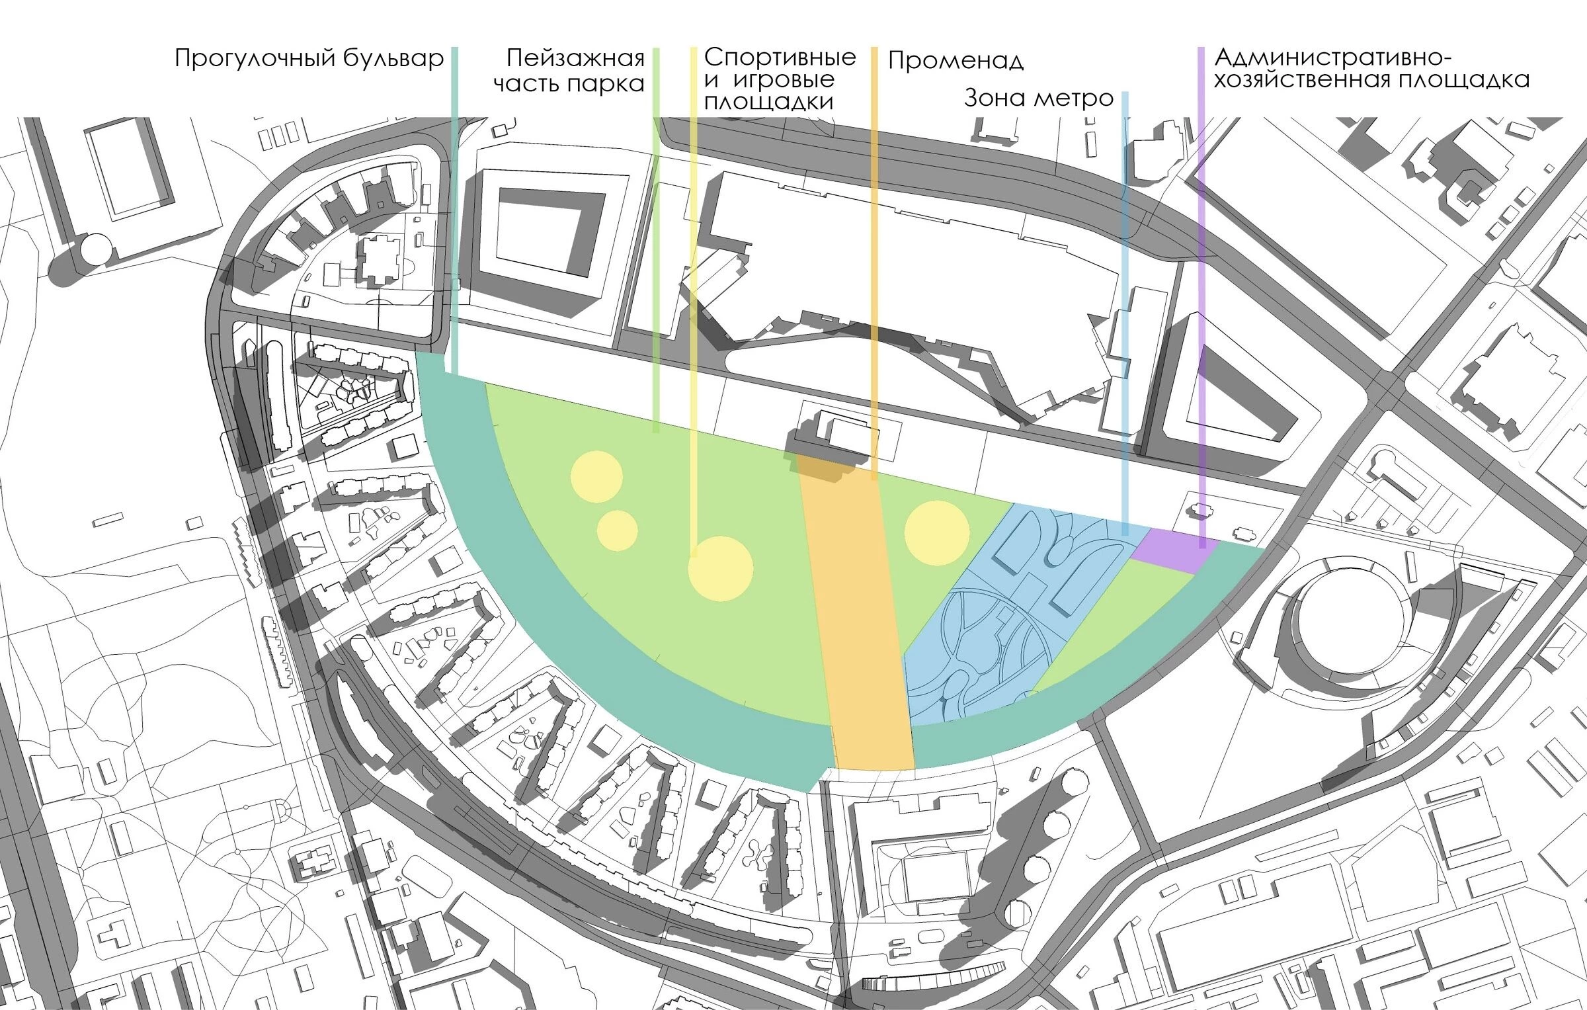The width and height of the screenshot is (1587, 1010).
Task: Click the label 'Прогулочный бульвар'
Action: (x=309, y=60)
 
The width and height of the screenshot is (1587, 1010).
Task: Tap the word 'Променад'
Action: (x=956, y=61)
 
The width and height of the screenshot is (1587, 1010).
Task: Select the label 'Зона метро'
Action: (x=1038, y=99)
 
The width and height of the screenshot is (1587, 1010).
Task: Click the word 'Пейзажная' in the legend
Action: (x=575, y=59)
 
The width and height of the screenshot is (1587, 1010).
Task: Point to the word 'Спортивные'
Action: (x=780, y=57)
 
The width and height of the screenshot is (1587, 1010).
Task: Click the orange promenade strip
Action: (x=860, y=628)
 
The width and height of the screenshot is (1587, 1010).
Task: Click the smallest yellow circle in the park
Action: (x=617, y=530)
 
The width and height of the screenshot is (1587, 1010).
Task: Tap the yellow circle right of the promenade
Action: (x=936, y=532)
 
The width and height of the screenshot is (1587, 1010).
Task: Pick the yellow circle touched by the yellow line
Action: (x=720, y=568)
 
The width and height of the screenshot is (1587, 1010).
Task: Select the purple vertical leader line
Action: (x=1201, y=265)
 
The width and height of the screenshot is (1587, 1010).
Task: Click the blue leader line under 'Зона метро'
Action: (x=1125, y=298)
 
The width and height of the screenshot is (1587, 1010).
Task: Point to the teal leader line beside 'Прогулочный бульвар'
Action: (x=455, y=198)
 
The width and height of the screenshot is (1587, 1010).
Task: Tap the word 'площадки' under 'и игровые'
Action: (x=768, y=102)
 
